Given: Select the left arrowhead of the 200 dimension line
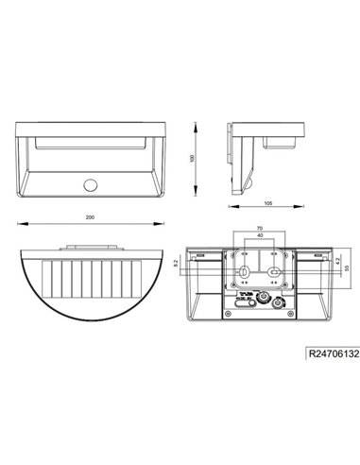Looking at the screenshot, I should (x=22, y=223).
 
